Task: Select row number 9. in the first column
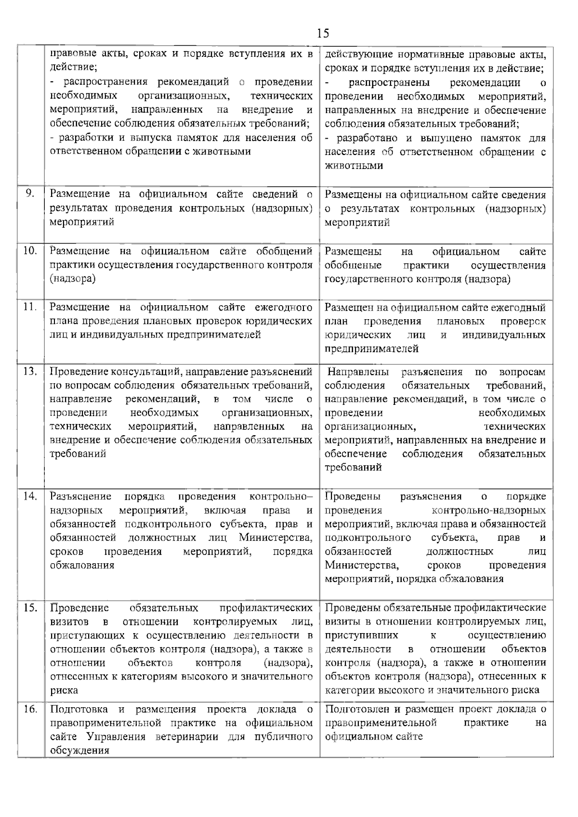pos(30,194)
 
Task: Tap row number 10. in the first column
pos(30,251)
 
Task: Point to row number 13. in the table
pos(30,371)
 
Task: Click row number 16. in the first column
pos(30,709)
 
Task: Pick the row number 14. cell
pos(30,496)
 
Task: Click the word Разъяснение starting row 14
pos(80,496)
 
